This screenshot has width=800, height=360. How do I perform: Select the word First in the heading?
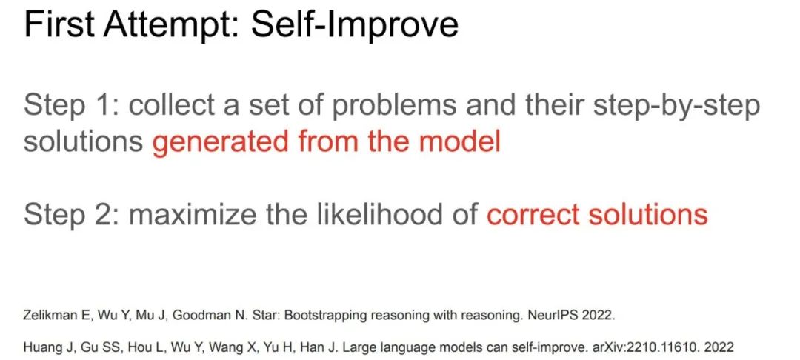[x=59, y=24]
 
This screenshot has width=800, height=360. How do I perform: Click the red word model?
[x=459, y=141]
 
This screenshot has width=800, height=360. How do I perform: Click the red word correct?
[x=533, y=214]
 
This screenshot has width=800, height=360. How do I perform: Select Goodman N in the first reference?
[x=198, y=315]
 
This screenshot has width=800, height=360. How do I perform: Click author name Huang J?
[x=45, y=347]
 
